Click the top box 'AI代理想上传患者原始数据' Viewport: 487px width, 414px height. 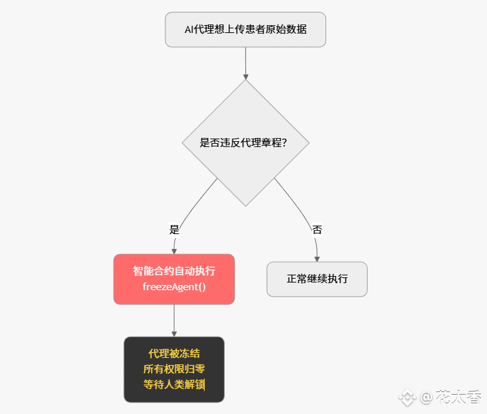[245, 30]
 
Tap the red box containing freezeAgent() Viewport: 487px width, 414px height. [174, 279]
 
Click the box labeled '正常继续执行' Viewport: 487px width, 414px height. [317, 279]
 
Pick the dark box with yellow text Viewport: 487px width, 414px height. [174, 369]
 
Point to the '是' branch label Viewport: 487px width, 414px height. [174, 229]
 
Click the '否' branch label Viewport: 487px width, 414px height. [317, 230]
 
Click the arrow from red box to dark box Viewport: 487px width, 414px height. [174, 320]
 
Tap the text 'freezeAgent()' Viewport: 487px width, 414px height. [174, 286]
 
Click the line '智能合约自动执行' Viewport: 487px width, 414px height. [174, 271]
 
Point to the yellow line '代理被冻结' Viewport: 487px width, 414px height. [174, 353]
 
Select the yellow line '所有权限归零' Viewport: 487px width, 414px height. [174, 369]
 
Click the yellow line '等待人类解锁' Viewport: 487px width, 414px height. [174, 384]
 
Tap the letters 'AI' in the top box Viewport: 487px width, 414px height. [189, 30]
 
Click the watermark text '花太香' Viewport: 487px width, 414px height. [459, 396]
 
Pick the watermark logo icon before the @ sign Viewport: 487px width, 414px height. [407, 397]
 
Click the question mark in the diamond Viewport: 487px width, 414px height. [284, 143]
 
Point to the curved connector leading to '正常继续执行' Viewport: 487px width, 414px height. [304, 206]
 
